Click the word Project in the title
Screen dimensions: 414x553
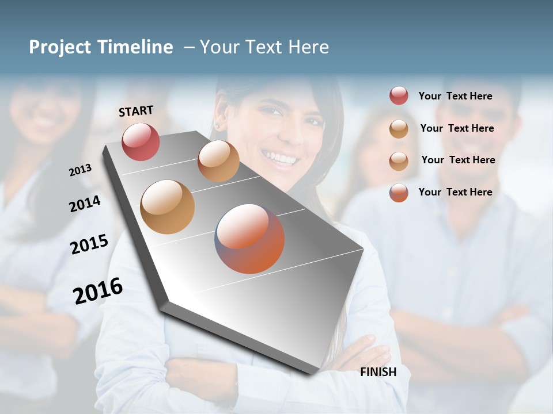click(60, 47)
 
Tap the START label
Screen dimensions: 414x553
click(136, 111)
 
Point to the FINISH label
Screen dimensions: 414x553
click(378, 372)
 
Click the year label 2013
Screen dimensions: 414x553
click(81, 170)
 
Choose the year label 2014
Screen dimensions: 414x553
click(85, 204)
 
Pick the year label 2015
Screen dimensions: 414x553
click(89, 244)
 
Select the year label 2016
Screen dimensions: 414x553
click(98, 290)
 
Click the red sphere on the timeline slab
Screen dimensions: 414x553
click(141, 141)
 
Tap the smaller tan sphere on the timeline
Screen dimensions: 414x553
click(218, 161)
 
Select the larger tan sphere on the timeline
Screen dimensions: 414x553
click(167, 207)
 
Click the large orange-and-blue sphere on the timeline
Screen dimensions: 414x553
click(249, 239)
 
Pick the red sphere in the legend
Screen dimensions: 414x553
click(399, 96)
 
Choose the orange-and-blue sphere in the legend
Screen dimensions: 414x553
click(399, 193)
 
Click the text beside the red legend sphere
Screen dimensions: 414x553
click(455, 96)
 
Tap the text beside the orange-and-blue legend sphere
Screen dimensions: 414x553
click(455, 192)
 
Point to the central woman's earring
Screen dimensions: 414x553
click(218, 125)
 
